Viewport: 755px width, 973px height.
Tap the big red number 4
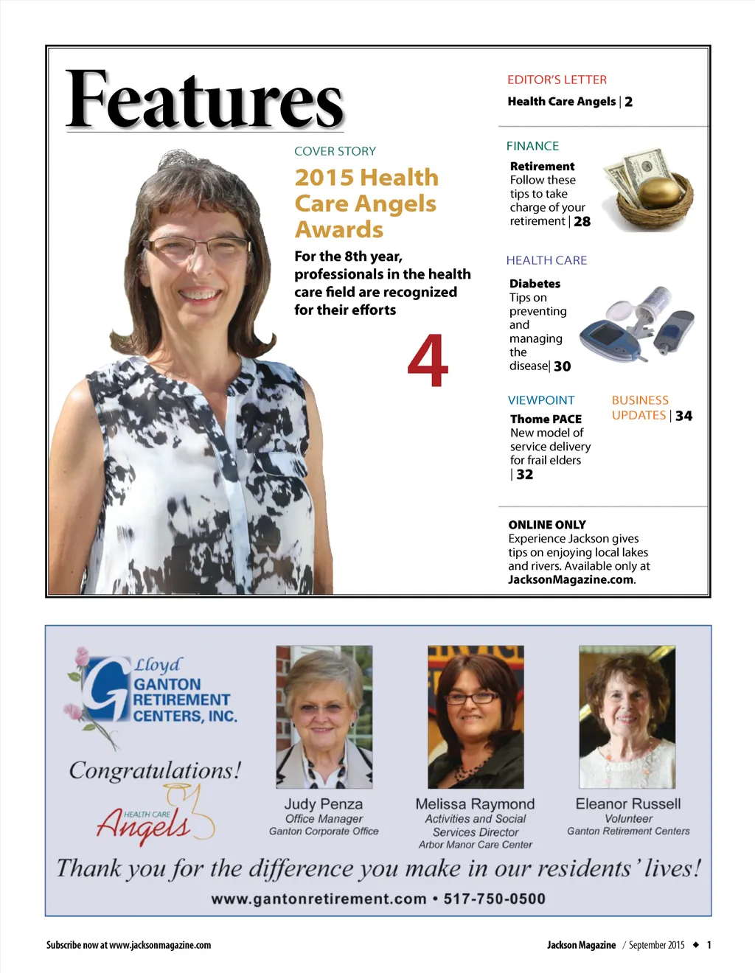428,360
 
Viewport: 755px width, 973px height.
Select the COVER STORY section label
335,151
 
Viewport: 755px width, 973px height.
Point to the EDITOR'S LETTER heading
557,80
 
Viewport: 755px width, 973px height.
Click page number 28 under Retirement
582,222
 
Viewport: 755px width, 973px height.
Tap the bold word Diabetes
535,284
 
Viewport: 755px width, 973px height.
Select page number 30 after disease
562,366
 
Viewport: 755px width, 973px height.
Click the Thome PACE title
546,419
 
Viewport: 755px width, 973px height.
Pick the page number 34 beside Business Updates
683,416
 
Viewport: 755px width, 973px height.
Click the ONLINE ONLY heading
546,525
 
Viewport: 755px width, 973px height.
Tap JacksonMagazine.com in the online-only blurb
571,579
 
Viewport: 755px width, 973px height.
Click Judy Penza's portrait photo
324,716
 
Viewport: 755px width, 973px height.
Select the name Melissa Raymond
475,804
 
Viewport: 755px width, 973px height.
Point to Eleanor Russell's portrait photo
627,716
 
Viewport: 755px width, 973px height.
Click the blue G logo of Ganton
105,689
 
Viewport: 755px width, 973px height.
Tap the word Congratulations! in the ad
155,770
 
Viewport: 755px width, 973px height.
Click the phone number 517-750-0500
494,899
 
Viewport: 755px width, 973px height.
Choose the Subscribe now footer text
128,945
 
